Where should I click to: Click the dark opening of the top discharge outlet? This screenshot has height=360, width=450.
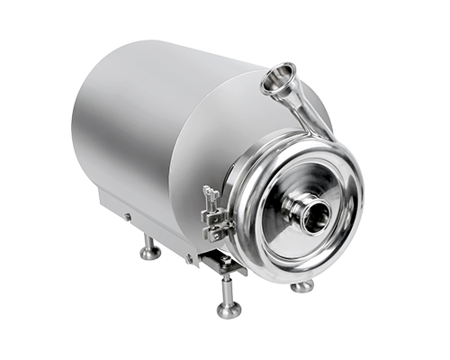click(x=280, y=79)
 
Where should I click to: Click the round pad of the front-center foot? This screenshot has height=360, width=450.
click(x=229, y=310)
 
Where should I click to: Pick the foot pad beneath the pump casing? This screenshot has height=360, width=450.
click(x=301, y=286)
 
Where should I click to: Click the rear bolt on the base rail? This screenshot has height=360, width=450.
click(x=127, y=217)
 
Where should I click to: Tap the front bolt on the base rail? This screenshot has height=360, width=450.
click(x=190, y=258)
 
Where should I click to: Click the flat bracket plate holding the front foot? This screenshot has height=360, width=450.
click(x=221, y=264)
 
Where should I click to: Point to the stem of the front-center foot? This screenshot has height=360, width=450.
click(x=228, y=290)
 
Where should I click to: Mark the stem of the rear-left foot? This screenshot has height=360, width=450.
click(x=149, y=241)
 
